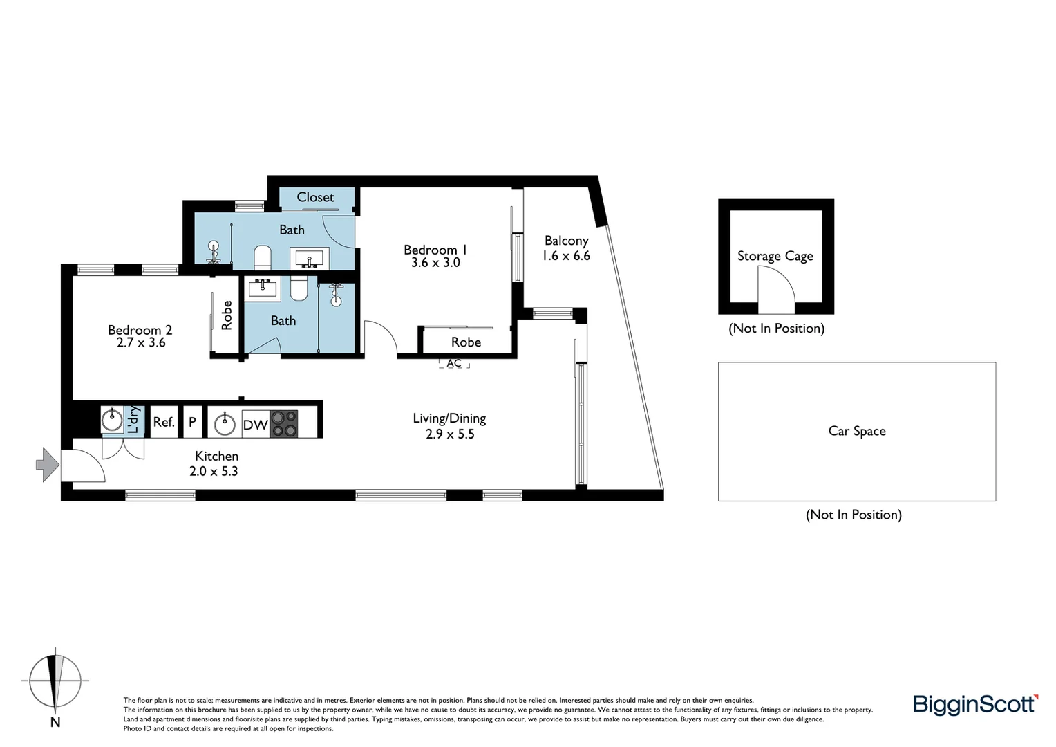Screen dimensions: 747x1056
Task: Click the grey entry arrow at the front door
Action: coord(47,464)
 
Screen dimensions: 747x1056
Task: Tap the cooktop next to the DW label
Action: coord(284,423)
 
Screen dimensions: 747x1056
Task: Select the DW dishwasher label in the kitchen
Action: coord(255,425)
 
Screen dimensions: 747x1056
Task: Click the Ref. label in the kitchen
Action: coord(164,422)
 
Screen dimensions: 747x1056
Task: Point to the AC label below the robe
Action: coord(454,363)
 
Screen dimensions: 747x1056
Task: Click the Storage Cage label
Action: coord(775,256)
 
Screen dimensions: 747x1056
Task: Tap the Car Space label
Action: coord(856,431)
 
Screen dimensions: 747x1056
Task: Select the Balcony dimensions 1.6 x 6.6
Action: coord(566,256)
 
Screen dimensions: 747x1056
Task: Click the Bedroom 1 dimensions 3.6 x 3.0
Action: coord(435,263)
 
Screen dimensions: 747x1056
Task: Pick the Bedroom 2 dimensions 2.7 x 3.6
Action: coord(141,342)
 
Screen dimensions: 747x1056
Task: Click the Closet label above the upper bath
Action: coord(315,198)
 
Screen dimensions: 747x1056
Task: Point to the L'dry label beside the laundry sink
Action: coord(134,419)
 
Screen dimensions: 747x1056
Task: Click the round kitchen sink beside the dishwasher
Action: coord(225,423)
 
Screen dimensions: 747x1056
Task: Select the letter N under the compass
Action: coord(55,723)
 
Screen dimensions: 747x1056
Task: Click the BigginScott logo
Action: coord(975,704)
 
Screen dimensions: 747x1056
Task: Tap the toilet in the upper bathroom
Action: coord(263,257)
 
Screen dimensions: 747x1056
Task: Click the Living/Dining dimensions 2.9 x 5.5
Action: coord(450,434)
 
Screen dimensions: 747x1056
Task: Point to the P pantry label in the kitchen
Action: coord(192,422)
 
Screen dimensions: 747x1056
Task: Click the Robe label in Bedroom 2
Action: coord(227,315)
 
